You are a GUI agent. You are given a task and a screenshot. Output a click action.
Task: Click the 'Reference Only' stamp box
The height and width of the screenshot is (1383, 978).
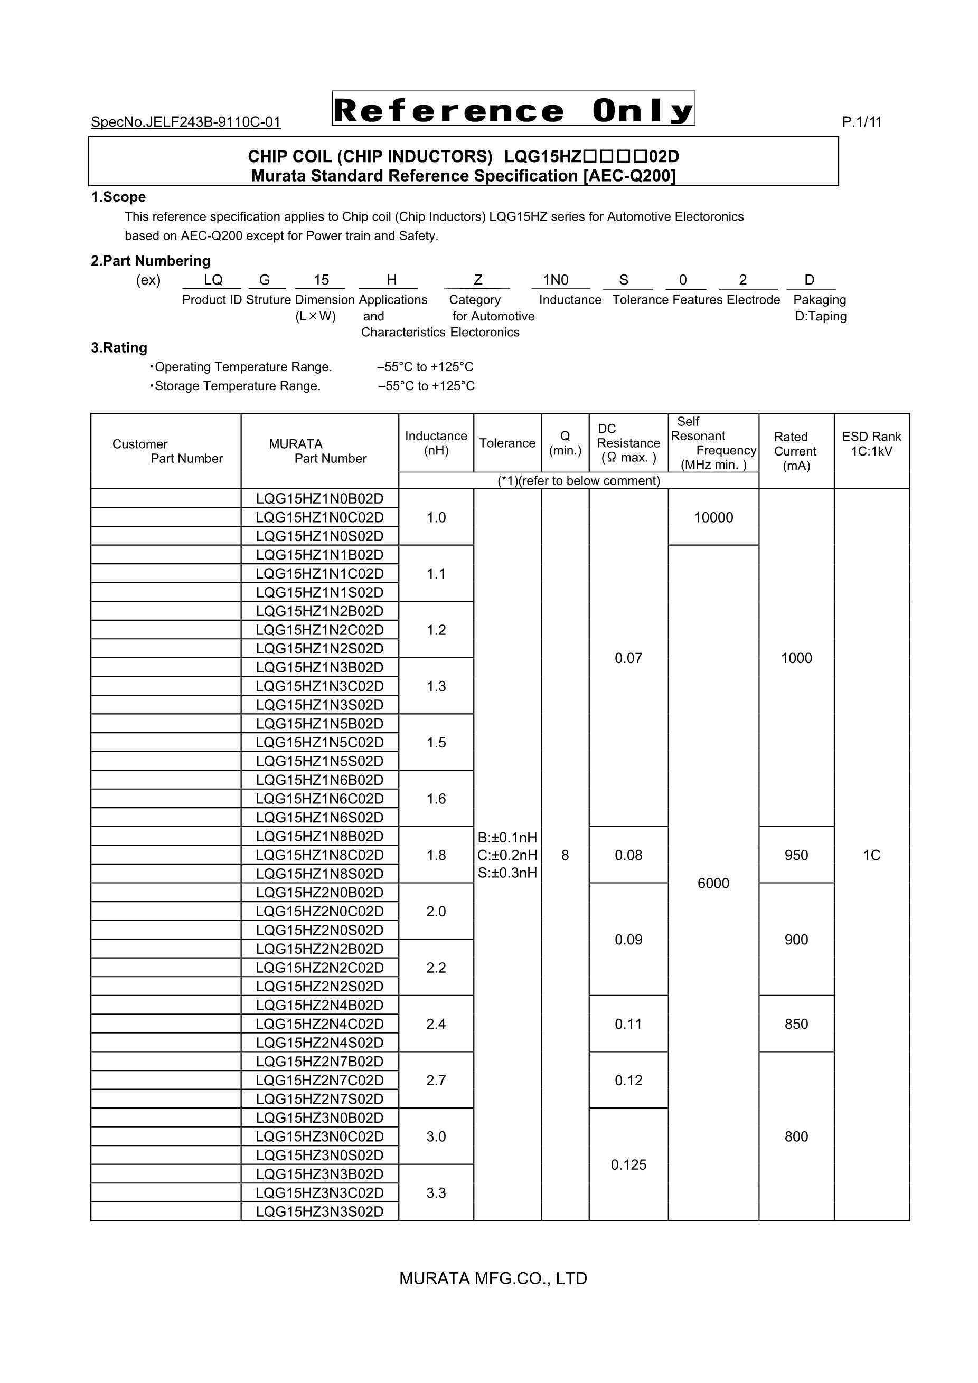513,109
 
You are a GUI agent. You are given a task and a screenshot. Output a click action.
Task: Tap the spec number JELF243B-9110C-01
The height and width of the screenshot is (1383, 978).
185,122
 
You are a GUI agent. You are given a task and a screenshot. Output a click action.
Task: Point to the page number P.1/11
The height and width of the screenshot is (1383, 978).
862,122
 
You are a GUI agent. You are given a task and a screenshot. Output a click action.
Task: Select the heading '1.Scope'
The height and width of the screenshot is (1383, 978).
118,197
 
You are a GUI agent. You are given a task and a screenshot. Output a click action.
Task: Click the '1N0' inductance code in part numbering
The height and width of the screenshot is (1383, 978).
556,280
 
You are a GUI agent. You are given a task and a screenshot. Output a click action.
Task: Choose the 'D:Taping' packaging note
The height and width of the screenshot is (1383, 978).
821,316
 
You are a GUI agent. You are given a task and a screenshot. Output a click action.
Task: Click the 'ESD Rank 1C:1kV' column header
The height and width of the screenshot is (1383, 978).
871,444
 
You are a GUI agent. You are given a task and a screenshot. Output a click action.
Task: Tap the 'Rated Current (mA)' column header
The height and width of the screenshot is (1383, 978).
796,451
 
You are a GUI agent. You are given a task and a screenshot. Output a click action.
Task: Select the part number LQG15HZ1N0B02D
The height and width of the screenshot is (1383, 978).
319,499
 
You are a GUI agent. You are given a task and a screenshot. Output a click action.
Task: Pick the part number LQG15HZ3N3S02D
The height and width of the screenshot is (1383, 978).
319,1211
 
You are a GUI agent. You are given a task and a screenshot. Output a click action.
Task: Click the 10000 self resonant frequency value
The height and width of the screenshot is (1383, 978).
713,517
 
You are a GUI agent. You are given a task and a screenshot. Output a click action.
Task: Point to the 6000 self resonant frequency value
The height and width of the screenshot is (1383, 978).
713,883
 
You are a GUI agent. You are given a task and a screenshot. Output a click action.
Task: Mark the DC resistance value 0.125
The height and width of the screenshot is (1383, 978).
628,1164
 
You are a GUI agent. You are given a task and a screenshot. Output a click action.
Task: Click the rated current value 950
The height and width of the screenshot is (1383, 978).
796,855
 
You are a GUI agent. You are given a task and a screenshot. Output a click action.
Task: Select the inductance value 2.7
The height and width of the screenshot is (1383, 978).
436,1080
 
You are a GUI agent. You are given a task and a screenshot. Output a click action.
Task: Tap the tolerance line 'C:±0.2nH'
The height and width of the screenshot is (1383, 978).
507,855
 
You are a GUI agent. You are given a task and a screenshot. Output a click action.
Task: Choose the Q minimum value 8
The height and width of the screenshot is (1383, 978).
565,855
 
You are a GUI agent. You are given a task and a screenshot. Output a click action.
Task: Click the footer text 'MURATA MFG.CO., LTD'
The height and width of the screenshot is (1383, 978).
493,1278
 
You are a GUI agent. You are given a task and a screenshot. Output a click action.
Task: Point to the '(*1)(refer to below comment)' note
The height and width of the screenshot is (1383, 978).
578,481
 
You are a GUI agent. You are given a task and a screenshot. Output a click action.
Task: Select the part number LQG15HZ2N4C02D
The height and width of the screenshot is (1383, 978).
319,1024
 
